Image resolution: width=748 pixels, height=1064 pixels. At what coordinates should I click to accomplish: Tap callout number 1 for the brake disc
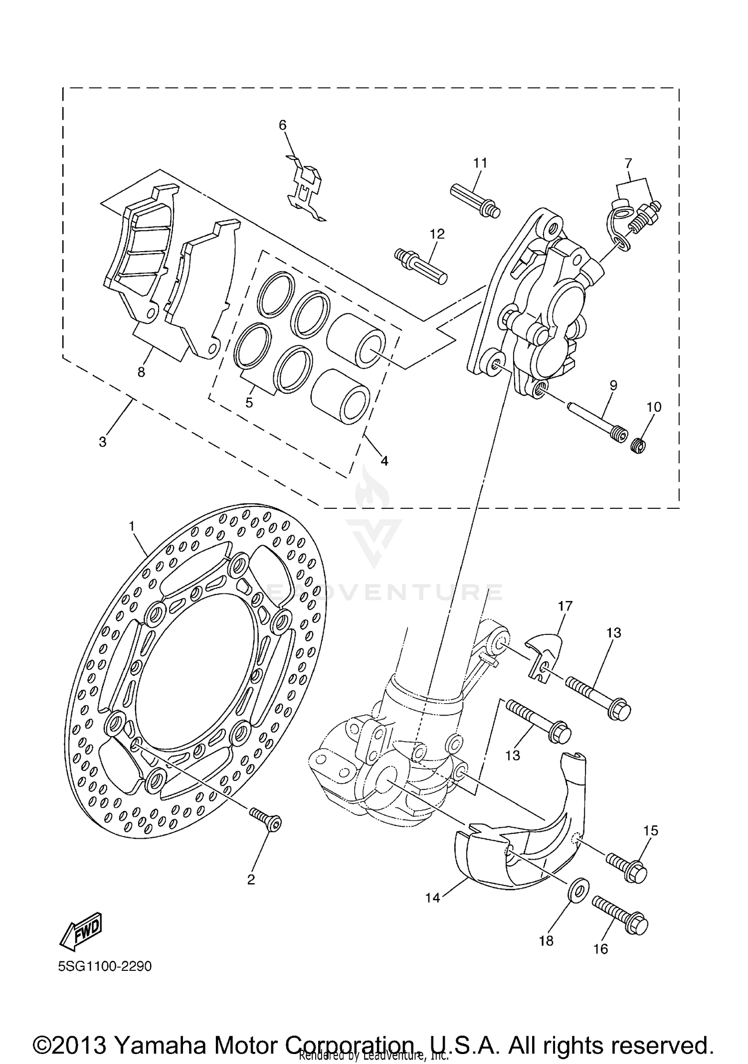click(x=132, y=526)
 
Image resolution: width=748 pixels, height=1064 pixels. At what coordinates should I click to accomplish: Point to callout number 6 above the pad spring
click(x=283, y=125)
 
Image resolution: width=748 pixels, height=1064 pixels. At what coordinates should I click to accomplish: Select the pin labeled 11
click(x=475, y=200)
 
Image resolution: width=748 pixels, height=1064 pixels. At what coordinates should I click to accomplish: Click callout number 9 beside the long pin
click(x=613, y=385)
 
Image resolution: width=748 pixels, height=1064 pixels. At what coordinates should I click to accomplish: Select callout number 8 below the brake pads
click(x=141, y=372)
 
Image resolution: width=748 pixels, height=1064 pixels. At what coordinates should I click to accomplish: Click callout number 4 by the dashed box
click(x=384, y=461)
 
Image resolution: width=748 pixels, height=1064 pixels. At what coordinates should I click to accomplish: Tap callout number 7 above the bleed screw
click(x=628, y=163)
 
